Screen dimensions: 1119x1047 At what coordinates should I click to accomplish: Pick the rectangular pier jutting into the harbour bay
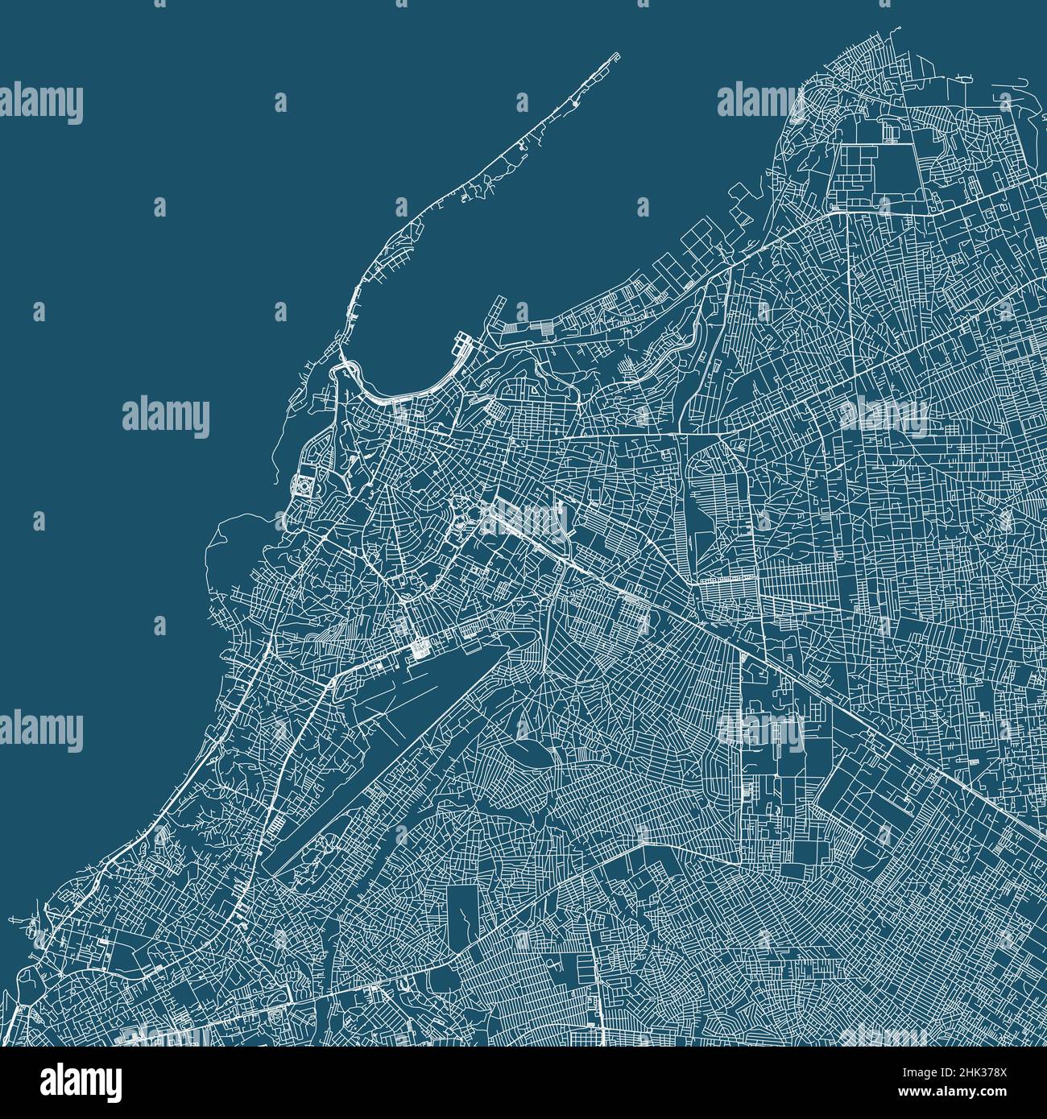coord(466,344)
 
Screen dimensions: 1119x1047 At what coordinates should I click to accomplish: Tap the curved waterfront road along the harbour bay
coord(403,394)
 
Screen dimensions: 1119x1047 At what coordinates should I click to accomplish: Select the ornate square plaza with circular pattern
coord(304,486)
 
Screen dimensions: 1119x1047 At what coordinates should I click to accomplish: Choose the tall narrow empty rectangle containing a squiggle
coord(462,914)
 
